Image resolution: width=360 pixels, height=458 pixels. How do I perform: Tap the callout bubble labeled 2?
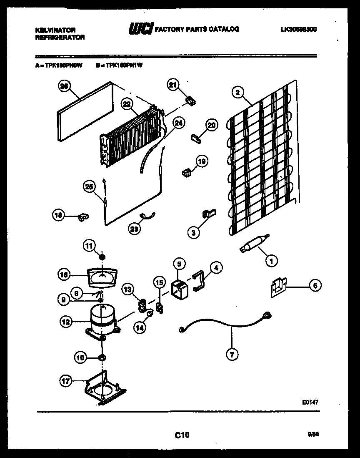pyautogui.click(x=237, y=93)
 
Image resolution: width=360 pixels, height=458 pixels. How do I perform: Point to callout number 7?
pyautogui.click(x=232, y=355)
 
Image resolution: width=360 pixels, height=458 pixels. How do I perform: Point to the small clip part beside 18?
pyautogui.click(x=83, y=216)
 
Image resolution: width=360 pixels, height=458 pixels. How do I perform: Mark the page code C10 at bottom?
pyautogui.click(x=182, y=435)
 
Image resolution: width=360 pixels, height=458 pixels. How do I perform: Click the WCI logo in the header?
pyautogui.click(x=141, y=29)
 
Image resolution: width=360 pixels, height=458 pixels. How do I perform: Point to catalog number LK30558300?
pyautogui.click(x=298, y=30)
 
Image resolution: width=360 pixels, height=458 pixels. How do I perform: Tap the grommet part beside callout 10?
pyautogui.click(x=102, y=357)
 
